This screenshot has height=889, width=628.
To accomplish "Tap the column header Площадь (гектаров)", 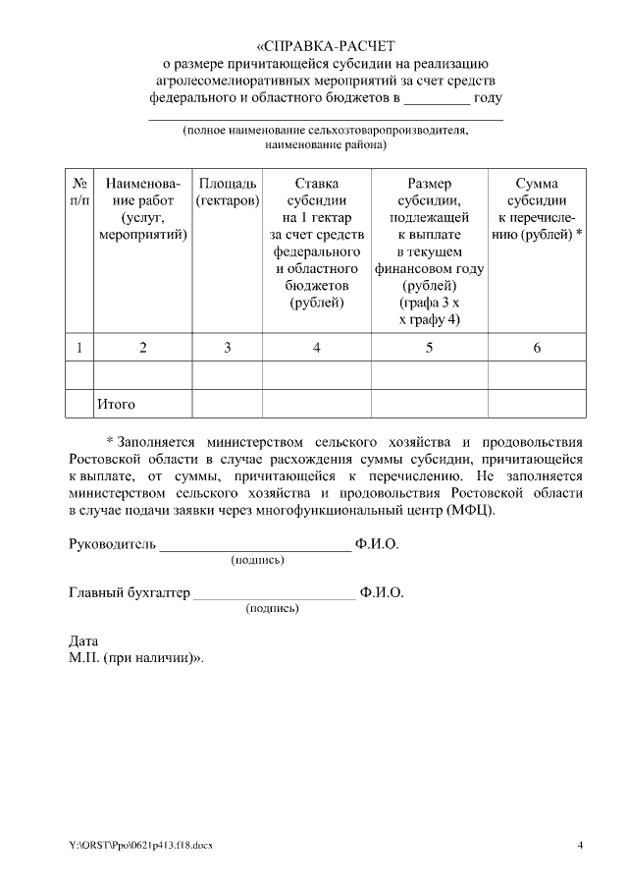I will click(x=228, y=192).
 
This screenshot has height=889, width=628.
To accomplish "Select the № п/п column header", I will click(x=78, y=192).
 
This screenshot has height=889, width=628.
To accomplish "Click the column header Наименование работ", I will click(x=143, y=209).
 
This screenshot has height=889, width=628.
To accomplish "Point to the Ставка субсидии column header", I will click(x=316, y=243).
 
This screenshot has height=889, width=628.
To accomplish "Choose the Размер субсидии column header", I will click(x=429, y=251).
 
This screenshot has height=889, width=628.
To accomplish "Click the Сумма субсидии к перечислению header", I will click(x=537, y=209).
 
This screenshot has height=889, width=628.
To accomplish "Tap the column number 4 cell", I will click(x=316, y=346).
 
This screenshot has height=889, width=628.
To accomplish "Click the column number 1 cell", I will click(x=78, y=346).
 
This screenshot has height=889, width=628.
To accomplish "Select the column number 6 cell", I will click(x=537, y=346).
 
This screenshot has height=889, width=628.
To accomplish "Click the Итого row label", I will click(x=116, y=404).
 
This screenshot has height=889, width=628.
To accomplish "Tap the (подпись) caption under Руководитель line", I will click(x=257, y=560).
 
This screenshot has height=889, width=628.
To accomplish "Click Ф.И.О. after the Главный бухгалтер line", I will click(x=382, y=592).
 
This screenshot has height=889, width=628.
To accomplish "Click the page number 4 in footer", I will click(x=580, y=845).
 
